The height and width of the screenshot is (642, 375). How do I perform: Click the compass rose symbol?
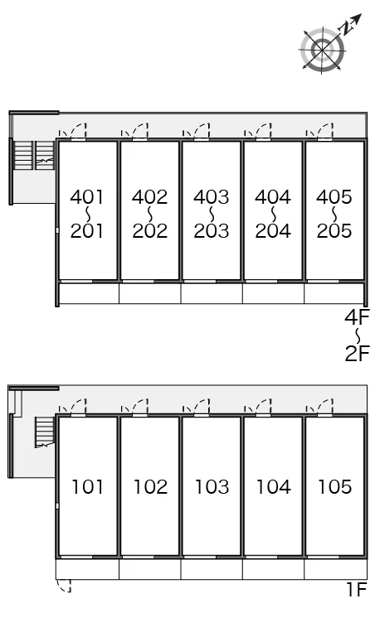323,50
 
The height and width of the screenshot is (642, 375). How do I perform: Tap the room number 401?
87,197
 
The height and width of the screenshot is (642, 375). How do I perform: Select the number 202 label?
150,231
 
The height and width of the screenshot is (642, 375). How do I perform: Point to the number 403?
212,197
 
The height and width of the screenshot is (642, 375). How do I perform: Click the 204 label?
273,231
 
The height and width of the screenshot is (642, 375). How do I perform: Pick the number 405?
334,197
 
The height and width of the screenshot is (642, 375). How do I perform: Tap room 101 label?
87,487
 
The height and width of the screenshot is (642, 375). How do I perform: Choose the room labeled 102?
150,487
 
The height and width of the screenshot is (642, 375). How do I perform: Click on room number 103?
212,487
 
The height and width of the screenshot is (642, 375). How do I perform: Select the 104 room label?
274,487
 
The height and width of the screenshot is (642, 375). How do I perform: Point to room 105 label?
335,487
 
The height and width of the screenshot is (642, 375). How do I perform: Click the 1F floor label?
357,590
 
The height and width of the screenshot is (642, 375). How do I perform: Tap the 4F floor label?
357,317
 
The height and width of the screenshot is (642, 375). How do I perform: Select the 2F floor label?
358,354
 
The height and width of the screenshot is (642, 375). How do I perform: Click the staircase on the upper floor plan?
34,155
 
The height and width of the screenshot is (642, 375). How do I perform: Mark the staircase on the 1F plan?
45,432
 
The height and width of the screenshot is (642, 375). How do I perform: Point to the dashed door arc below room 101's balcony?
64,586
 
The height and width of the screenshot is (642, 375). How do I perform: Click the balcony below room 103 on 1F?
212,570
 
